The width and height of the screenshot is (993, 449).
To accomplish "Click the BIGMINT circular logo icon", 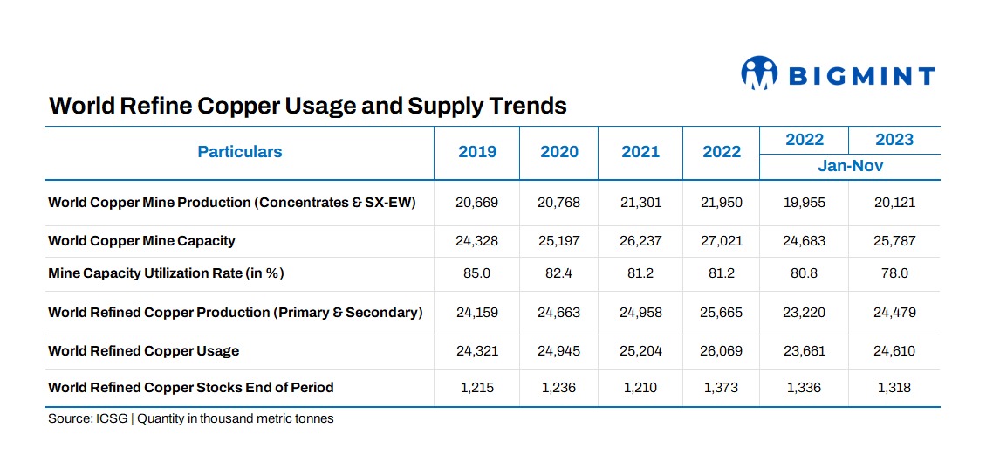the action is [758, 73].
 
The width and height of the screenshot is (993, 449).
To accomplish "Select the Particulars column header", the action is [240, 152].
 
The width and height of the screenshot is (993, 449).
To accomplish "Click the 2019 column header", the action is [477, 152].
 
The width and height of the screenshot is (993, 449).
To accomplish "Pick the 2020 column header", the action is [559, 152].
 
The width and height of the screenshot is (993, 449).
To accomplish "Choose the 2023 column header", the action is [894, 140].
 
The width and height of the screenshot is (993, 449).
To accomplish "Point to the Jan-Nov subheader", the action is [851, 166].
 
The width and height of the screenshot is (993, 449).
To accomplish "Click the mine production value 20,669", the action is [477, 203].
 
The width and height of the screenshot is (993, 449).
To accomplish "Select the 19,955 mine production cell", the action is [805, 203].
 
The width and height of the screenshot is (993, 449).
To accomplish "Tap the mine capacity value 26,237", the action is [640, 241].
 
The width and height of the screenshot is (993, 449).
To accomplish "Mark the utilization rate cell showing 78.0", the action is [894, 274].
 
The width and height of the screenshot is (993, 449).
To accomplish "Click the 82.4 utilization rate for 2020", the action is [559, 274].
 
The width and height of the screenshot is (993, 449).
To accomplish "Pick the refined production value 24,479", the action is [894, 313].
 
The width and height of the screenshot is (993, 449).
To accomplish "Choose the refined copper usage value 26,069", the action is [722, 350].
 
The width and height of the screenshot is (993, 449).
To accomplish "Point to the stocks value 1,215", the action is [477, 388].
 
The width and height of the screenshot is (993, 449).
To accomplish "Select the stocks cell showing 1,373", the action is [722, 388].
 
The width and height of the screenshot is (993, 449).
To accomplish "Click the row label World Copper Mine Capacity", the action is [142, 241].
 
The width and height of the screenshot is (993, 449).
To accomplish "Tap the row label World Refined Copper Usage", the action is [144, 350].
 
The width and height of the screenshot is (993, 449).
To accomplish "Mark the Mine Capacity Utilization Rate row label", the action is [166, 274].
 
